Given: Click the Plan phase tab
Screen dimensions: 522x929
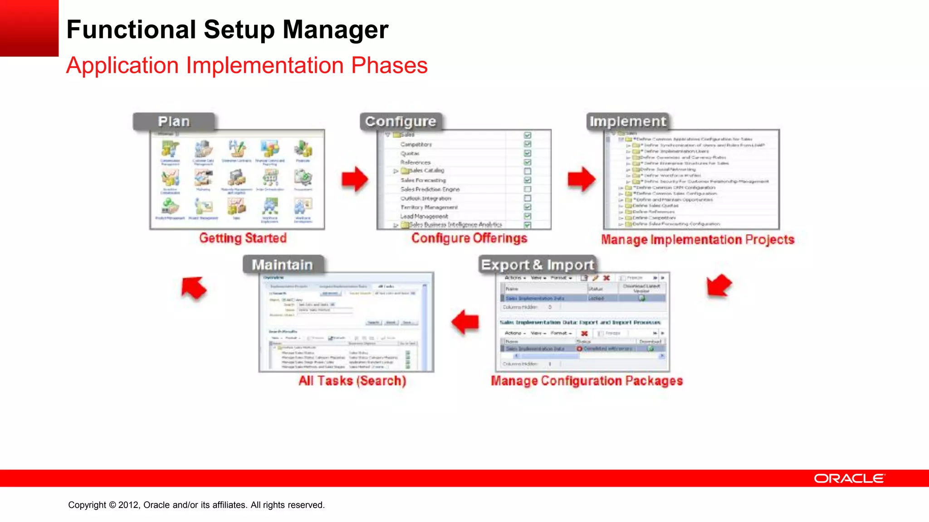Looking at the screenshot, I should [174, 121].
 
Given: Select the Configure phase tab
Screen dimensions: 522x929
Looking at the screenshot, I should [400, 121].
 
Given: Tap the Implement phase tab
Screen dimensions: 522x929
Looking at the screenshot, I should [627, 121].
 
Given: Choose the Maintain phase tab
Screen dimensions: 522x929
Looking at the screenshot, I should [282, 265].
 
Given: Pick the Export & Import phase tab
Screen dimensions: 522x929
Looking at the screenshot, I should [537, 265].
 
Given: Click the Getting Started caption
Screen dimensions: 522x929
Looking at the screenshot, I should [243, 238].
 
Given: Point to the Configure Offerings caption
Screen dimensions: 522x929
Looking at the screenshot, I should [469, 238].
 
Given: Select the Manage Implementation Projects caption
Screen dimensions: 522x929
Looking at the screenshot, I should [697, 240].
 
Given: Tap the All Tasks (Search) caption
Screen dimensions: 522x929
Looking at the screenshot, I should [352, 381].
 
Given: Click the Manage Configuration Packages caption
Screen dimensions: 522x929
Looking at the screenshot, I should [587, 381].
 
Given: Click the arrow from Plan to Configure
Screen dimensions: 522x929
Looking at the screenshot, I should [355, 179].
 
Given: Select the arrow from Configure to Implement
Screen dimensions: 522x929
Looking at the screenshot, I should [581, 179].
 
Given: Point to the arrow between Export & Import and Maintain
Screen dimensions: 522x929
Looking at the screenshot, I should [465, 322].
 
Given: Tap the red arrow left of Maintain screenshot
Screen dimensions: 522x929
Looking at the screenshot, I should [194, 288].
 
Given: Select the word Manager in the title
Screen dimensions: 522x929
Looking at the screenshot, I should [335, 30].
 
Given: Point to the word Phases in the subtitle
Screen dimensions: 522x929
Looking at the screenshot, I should [389, 66].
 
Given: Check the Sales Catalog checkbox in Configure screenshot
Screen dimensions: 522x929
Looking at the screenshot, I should [528, 171].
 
